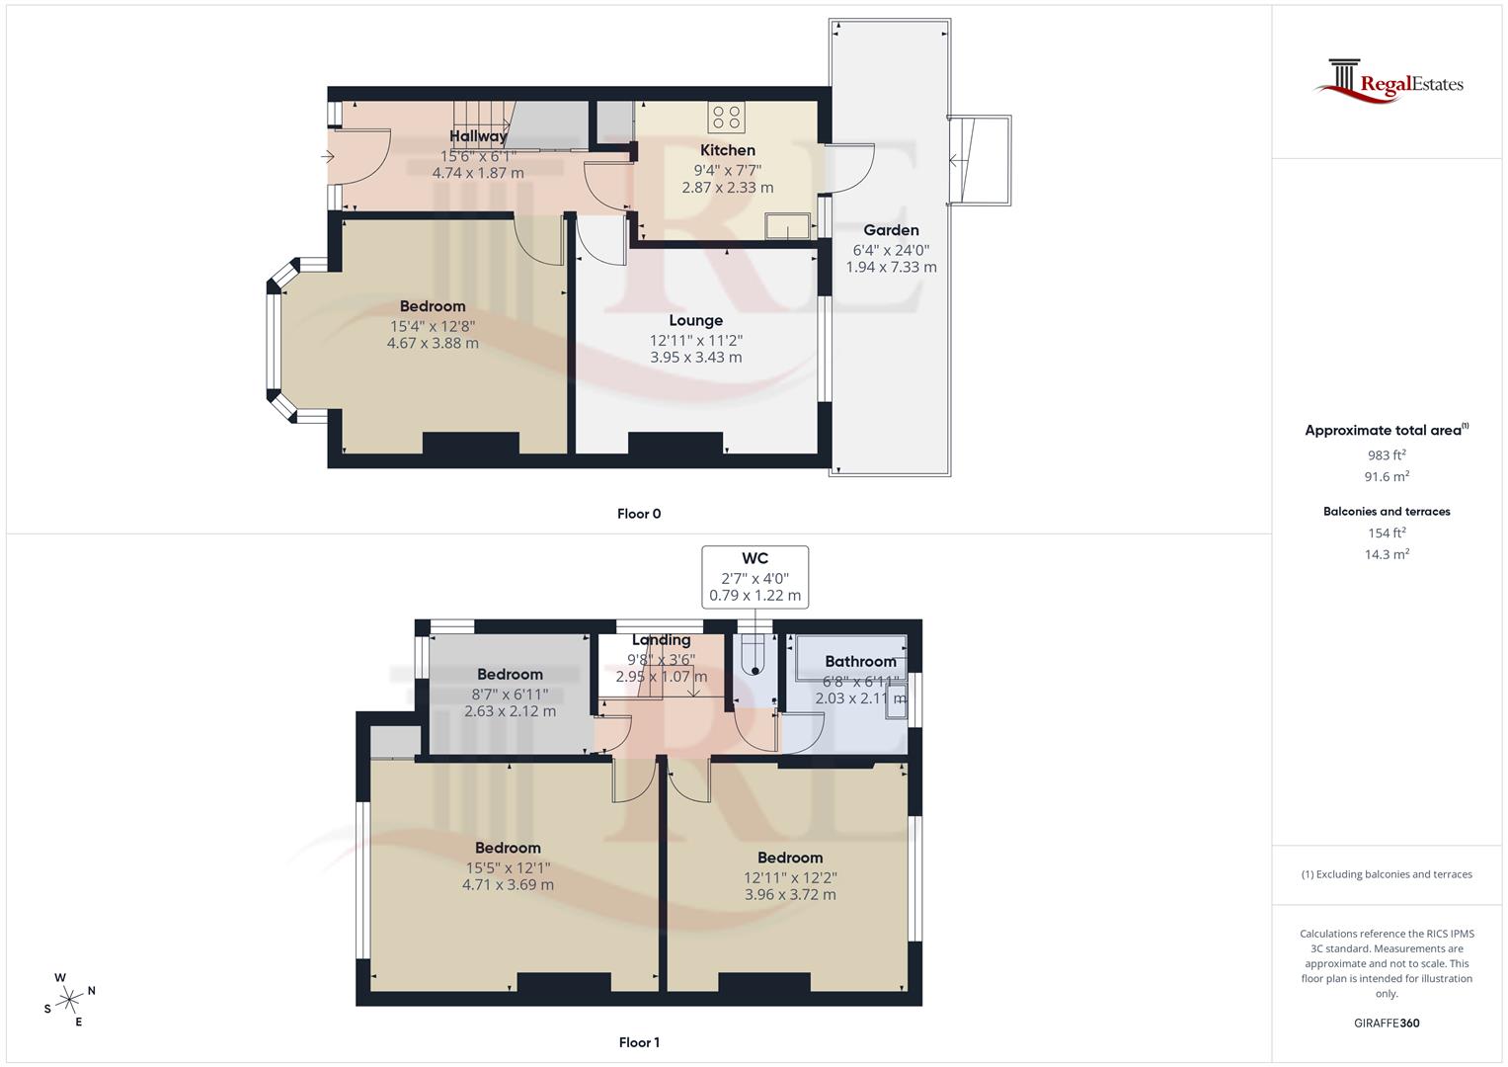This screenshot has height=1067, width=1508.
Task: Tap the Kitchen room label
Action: click(x=728, y=150)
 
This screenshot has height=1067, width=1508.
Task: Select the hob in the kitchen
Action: click(x=726, y=119)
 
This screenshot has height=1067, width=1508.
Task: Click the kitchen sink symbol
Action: click(x=787, y=227)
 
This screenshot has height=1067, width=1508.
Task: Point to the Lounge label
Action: click(x=695, y=320)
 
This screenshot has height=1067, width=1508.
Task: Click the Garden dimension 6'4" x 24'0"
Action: click(x=891, y=250)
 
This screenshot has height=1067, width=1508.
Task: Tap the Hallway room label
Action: click(x=478, y=136)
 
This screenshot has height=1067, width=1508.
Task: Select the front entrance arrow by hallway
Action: click(x=328, y=156)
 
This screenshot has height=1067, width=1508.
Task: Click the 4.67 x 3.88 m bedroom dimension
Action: click(x=433, y=343)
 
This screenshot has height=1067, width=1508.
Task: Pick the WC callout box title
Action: click(x=754, y=559)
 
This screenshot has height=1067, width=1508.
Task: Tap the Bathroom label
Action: click(x=860, y=661)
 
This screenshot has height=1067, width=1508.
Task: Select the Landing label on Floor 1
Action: click(x=661, y=640)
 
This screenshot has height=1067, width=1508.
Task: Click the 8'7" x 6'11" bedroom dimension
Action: click(x=510, y=694)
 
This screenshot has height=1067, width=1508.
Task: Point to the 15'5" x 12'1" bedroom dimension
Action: click(x=508, y=867)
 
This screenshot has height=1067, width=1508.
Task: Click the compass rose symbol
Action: click(x=69, y=1000)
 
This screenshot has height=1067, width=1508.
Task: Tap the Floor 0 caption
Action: click(x=639, y=514)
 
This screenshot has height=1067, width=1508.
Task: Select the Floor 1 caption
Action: click(x=639, y=1042)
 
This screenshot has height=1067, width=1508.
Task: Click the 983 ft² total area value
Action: click(x=1387, y=455)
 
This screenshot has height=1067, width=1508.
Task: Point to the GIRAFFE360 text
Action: click(x=1387, y=1023)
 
